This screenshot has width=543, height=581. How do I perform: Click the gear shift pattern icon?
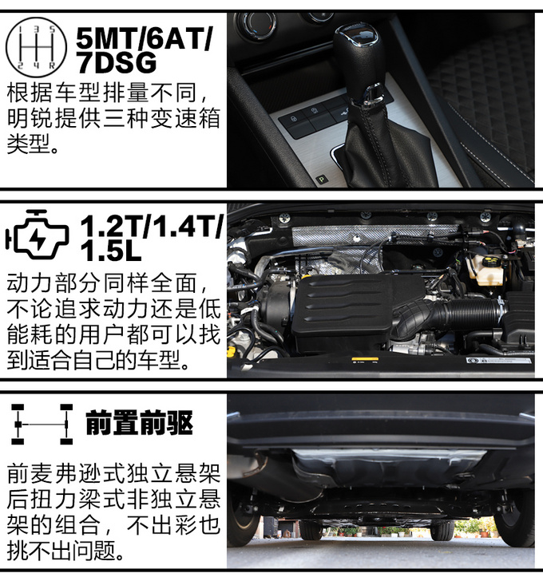(36, 47)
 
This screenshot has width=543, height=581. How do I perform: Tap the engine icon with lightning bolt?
(37, 234)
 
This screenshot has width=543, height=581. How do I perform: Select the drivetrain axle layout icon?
(42, 425)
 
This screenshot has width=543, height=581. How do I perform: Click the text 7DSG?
(117, 62)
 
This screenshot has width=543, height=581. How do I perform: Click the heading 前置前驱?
(140, 423)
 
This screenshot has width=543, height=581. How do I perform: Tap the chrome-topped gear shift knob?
(356, 56)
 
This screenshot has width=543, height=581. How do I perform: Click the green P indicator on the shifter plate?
(321, 180)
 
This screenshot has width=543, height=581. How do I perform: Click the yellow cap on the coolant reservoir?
(490, 264)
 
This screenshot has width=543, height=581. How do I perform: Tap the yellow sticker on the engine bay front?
(365, 359)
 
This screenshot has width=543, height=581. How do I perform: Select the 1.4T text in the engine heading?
(188, 226)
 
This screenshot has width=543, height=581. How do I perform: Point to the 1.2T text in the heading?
(113, 226)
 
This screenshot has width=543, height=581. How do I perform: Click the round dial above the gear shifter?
(257, 24)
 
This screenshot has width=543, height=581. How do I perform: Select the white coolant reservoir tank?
(486, 270)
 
